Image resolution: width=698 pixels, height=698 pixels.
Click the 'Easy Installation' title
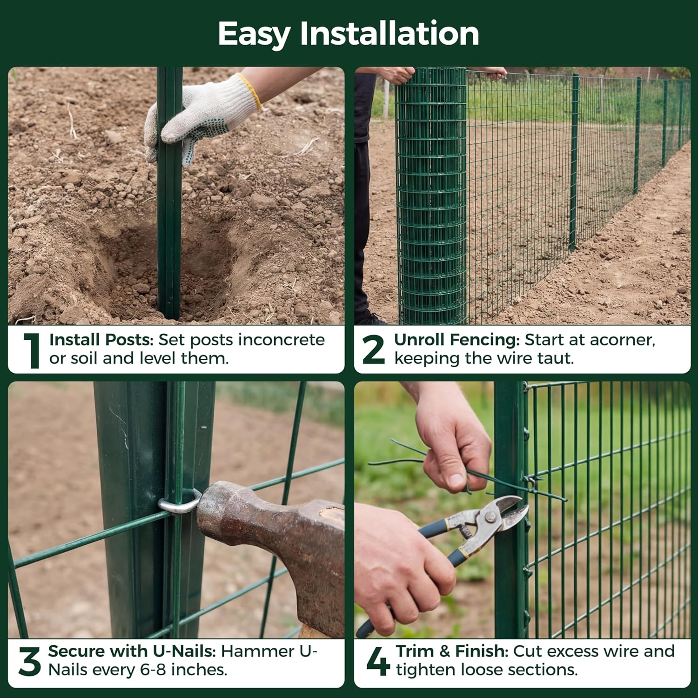(348, 34)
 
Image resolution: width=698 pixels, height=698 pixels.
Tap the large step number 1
(32, 350)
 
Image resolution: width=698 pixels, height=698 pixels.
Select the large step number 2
(373, 349)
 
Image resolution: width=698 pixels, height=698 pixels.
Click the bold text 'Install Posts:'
(101, 340)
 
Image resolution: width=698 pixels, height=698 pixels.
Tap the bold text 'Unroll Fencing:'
(456, 340)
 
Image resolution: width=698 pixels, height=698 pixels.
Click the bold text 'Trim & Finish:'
(452, 651)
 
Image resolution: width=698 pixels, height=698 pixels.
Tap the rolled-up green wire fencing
(430, 195)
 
